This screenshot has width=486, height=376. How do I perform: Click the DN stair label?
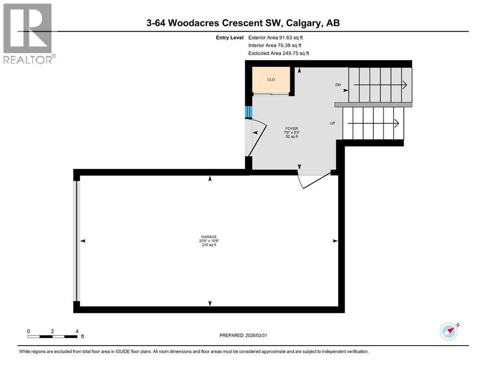338,85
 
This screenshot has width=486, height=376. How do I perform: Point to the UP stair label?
332,123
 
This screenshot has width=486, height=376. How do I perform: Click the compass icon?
449,331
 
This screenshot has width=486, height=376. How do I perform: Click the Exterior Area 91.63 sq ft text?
279,37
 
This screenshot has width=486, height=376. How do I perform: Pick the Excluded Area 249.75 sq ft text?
278,53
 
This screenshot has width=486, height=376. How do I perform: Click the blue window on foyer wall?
248,112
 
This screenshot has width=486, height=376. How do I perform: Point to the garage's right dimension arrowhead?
335,241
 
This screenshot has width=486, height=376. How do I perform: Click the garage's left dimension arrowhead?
83,241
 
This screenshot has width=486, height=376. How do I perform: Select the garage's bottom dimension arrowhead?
210,303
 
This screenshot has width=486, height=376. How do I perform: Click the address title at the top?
242,23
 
